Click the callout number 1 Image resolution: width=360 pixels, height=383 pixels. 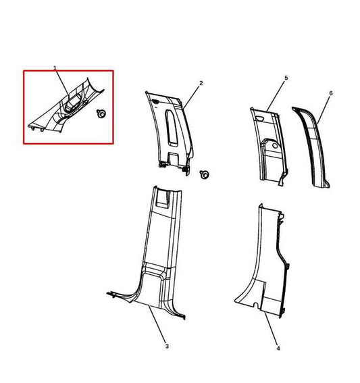point(55,69)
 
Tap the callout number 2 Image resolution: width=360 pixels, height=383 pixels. point(201,83)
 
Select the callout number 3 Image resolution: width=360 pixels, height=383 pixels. point(167,346)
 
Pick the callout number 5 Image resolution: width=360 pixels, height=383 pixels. point(286,79)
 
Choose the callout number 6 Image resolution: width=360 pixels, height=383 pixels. point(330,93)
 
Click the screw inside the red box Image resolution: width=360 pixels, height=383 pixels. point(102,114)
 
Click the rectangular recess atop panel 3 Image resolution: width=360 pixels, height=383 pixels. point(163,197)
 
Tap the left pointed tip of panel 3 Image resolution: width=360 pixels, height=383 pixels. point(108,293)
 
